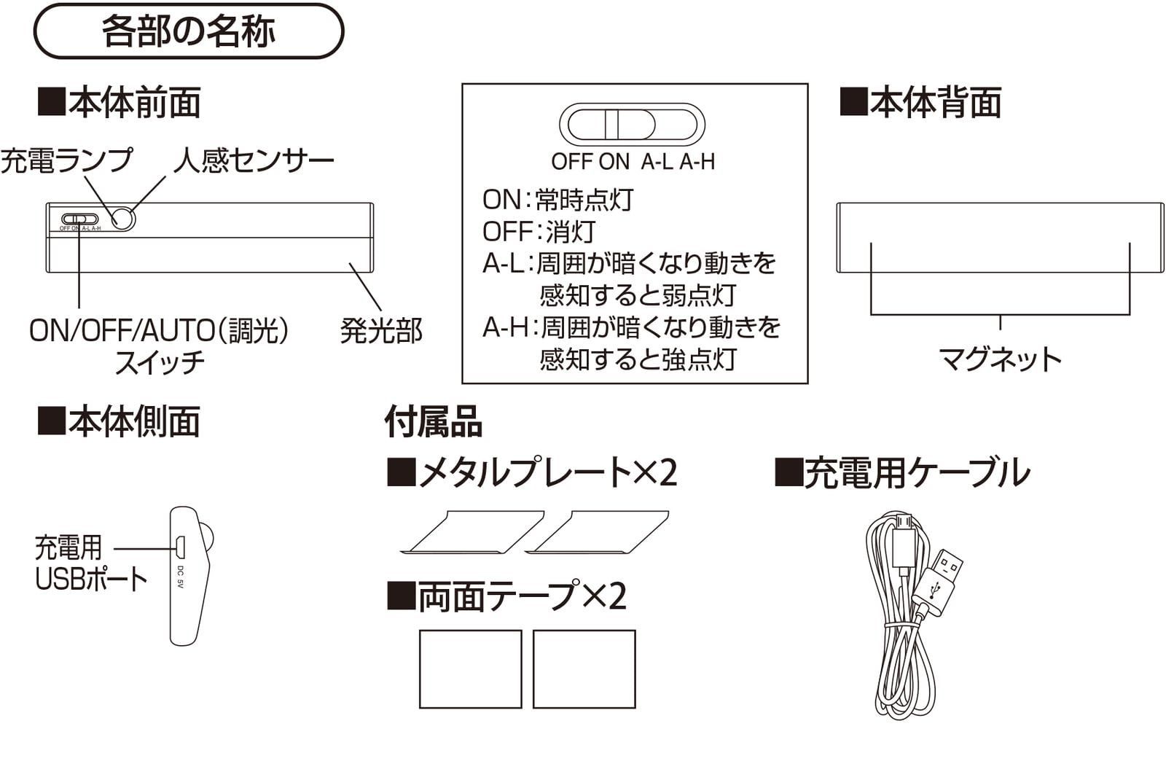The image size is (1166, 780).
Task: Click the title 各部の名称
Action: coord(188,31)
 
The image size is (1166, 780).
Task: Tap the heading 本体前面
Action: coord(120,102)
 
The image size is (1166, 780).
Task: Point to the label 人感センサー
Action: coord(254,160)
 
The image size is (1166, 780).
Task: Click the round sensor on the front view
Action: coord(122,218)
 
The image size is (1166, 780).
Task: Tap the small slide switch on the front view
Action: coord(79,219)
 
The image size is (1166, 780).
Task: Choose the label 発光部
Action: coord(381,331)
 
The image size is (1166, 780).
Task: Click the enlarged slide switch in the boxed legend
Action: coord(632,124)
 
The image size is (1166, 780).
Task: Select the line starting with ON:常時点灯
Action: coord(558,199)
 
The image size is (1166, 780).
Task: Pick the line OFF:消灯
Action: coord(539,232)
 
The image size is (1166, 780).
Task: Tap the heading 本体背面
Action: coord(921,102)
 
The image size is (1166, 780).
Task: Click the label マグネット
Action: coord(1000,359)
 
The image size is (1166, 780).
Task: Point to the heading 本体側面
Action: coord(120,421)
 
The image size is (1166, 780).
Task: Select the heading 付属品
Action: coord(433,421)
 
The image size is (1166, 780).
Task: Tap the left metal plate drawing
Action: coord(474,532)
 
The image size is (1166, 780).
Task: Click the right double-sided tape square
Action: coord(584,668)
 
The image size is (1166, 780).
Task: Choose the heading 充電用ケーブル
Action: coord(902,472)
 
